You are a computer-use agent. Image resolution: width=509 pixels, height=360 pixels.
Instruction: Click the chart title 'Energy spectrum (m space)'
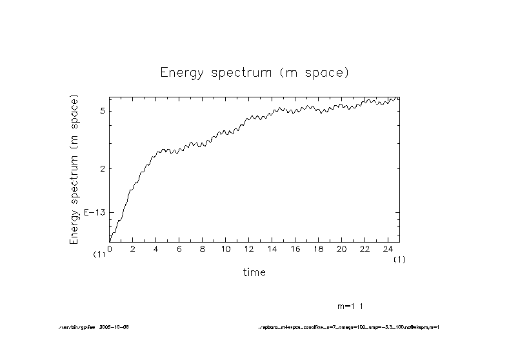point(254,72)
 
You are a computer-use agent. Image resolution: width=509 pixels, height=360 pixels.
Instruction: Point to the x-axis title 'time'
point(254,272)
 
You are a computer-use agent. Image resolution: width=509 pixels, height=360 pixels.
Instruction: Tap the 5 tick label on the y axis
point(103,111)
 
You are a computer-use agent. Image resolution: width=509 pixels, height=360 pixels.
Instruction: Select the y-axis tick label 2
point(103,168)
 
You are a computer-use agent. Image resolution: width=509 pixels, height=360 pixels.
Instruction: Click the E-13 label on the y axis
point(94,212)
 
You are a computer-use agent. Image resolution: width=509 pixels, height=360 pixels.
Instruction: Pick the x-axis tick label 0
point(110,248)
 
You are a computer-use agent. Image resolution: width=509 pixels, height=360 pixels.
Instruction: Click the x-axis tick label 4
point(156,248)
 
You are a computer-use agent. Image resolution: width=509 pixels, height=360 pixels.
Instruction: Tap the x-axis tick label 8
point(203,248)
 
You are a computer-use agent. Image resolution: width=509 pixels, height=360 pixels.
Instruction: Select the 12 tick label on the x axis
point(249,248)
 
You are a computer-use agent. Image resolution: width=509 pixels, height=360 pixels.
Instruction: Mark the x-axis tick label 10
point(226,248)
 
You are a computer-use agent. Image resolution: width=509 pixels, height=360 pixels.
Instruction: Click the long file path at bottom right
point(348,327)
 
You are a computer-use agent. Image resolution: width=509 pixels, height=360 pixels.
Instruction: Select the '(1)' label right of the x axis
point(400,259)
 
